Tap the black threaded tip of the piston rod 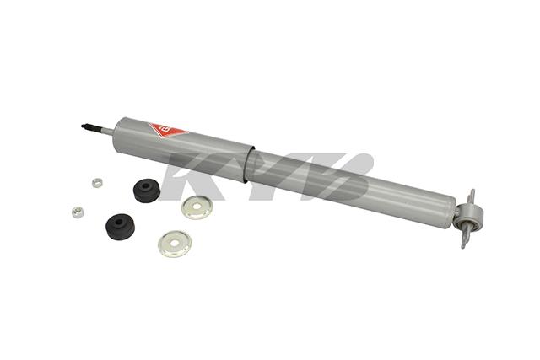coord(87,128)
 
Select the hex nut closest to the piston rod coord(96,181)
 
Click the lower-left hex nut coord(78,212)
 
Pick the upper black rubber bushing coord(146,191)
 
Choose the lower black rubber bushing coord(120,226)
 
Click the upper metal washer coord(197,207)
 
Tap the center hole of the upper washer coord(198,207)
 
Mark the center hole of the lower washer coord(174,244)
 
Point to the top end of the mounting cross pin coord(471,195)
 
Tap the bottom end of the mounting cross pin coord(462,244)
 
